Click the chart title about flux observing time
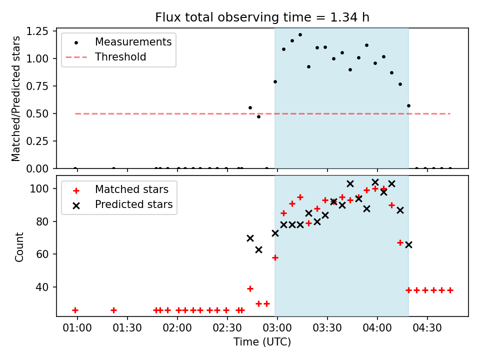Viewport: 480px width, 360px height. tap(262, 17)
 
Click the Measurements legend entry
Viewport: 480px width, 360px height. tap(133, 41)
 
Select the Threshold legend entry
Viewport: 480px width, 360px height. tap(120, 57)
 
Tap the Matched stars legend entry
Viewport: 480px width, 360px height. tap(131, 189)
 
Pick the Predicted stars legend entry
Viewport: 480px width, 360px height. tap(133, 204)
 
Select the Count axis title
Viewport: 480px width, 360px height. tap(19, 246)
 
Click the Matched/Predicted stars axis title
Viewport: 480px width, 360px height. tap(16, 98)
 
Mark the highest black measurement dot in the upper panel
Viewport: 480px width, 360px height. tap(300, 34)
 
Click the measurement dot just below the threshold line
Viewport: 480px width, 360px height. tap(258, 116)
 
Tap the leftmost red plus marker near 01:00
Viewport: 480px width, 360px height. tap(75, 310)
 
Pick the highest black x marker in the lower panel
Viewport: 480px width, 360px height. tap(375, 182)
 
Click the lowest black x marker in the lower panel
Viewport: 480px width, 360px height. tap(258, 249)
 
